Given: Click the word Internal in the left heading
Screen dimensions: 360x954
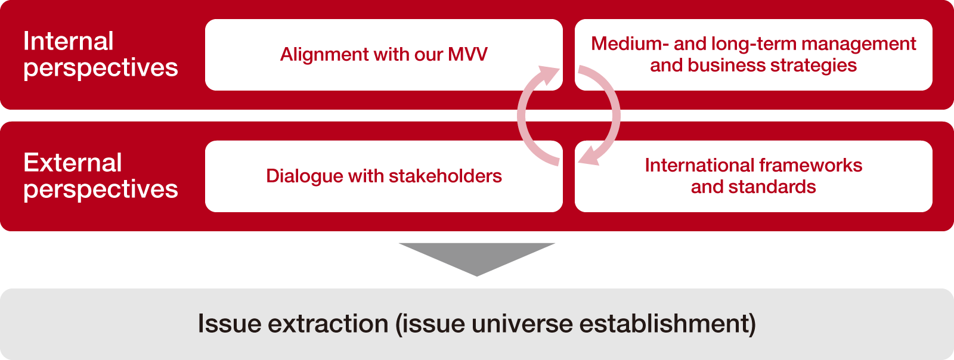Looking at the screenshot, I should [68, 42].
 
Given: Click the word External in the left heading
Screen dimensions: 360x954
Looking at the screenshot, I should [72, 163].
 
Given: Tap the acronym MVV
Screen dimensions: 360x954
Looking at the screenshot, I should [468, 55].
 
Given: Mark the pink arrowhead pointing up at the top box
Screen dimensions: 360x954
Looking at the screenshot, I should [547, 76].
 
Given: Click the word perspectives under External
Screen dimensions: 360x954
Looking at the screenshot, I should [100, 190].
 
